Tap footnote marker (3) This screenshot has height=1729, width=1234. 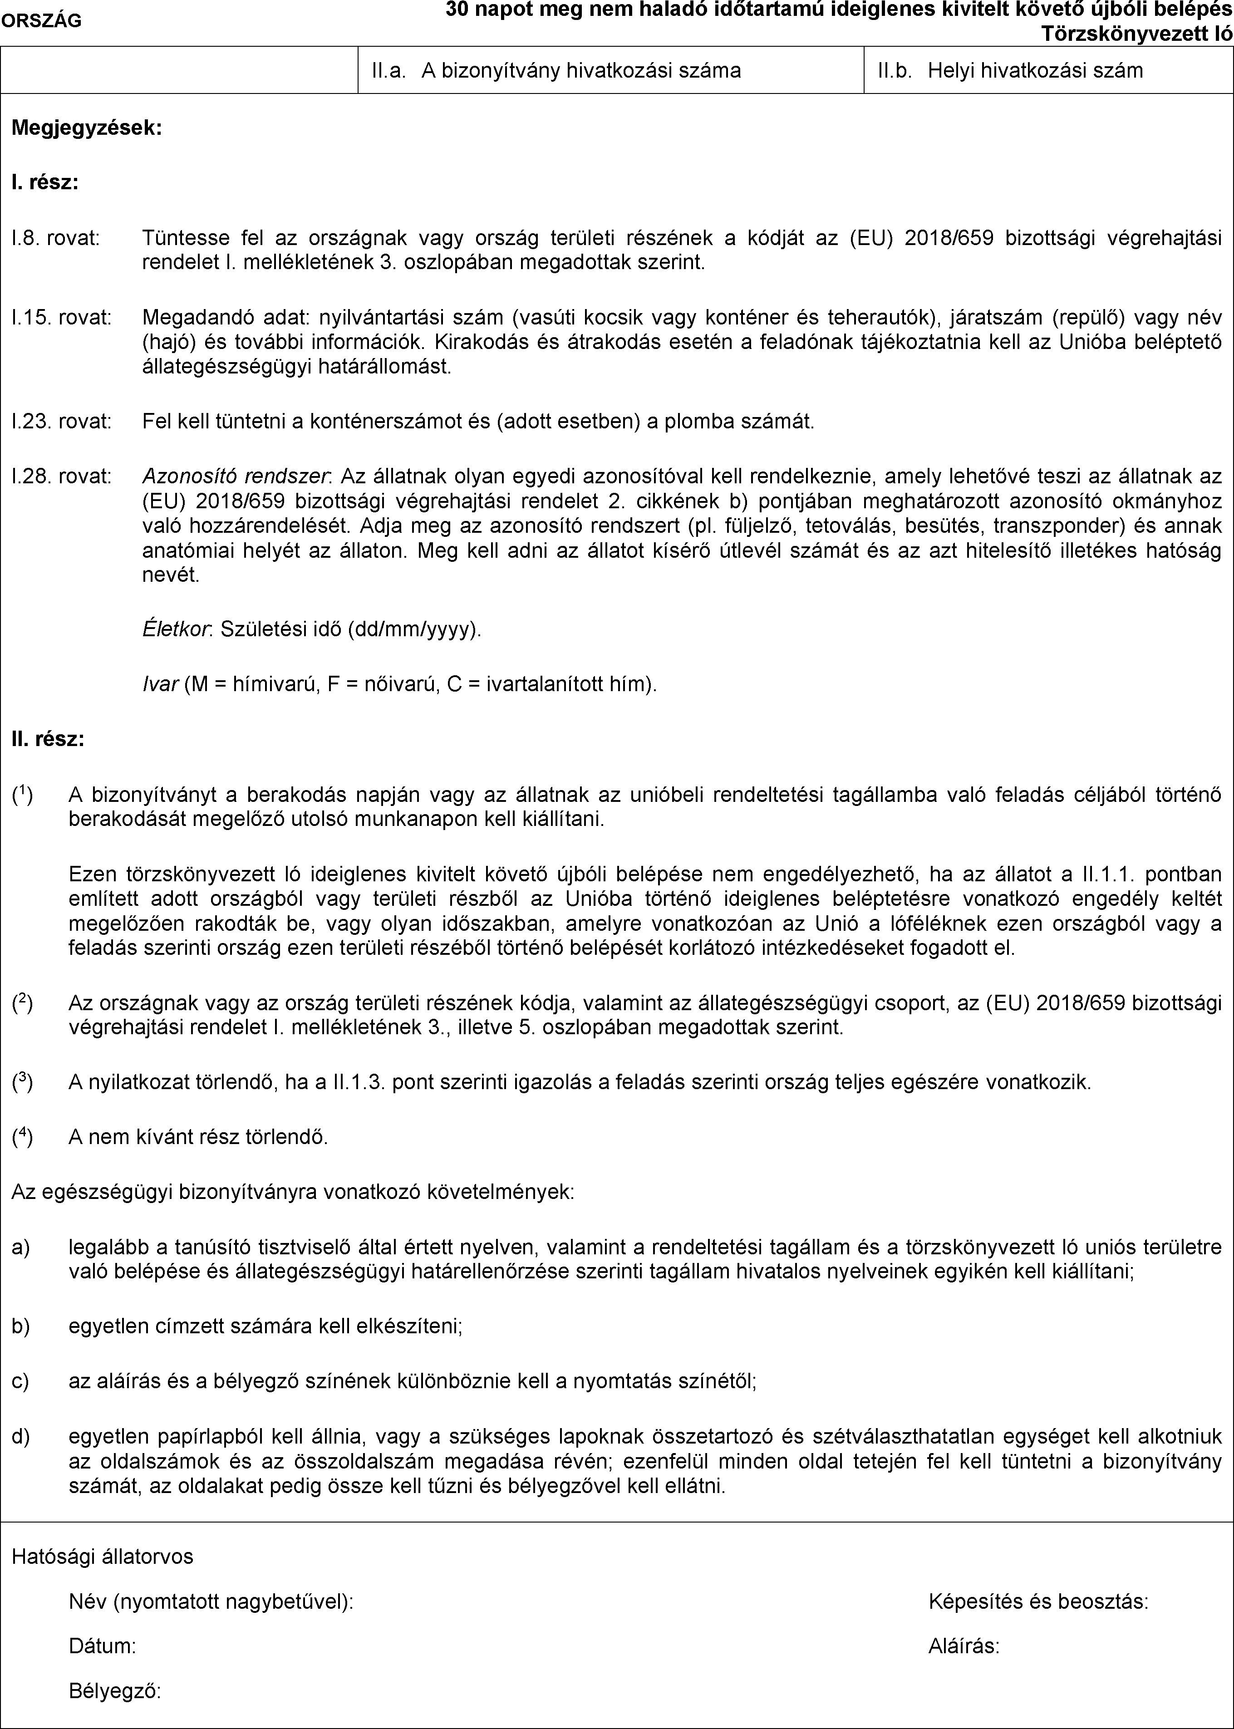click(x=22, y=1082)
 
